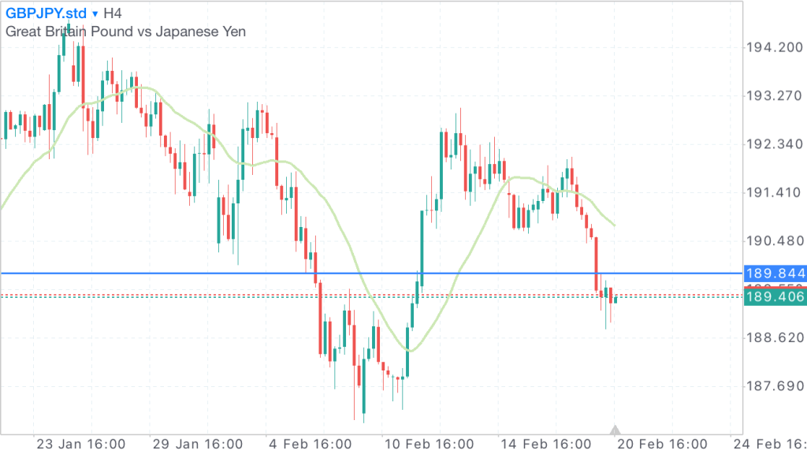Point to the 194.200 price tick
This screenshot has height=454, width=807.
pos(774,48)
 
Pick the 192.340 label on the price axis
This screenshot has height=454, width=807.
pos(774,144)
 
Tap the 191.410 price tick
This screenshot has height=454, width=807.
pos(774,192)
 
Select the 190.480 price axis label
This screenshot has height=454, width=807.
pos(774,240)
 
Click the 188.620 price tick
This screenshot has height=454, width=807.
pos(774,337)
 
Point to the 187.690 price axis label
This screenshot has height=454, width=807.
pos(774,385)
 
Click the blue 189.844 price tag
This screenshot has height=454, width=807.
pos(775,274)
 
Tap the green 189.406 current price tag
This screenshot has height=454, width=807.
pos(775,296)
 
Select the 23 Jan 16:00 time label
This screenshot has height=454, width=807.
pos(81,443)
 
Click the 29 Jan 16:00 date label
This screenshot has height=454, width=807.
pos(197,443)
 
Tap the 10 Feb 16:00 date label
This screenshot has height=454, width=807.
pos(428,443)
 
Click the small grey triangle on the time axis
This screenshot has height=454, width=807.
pos(615,430)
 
